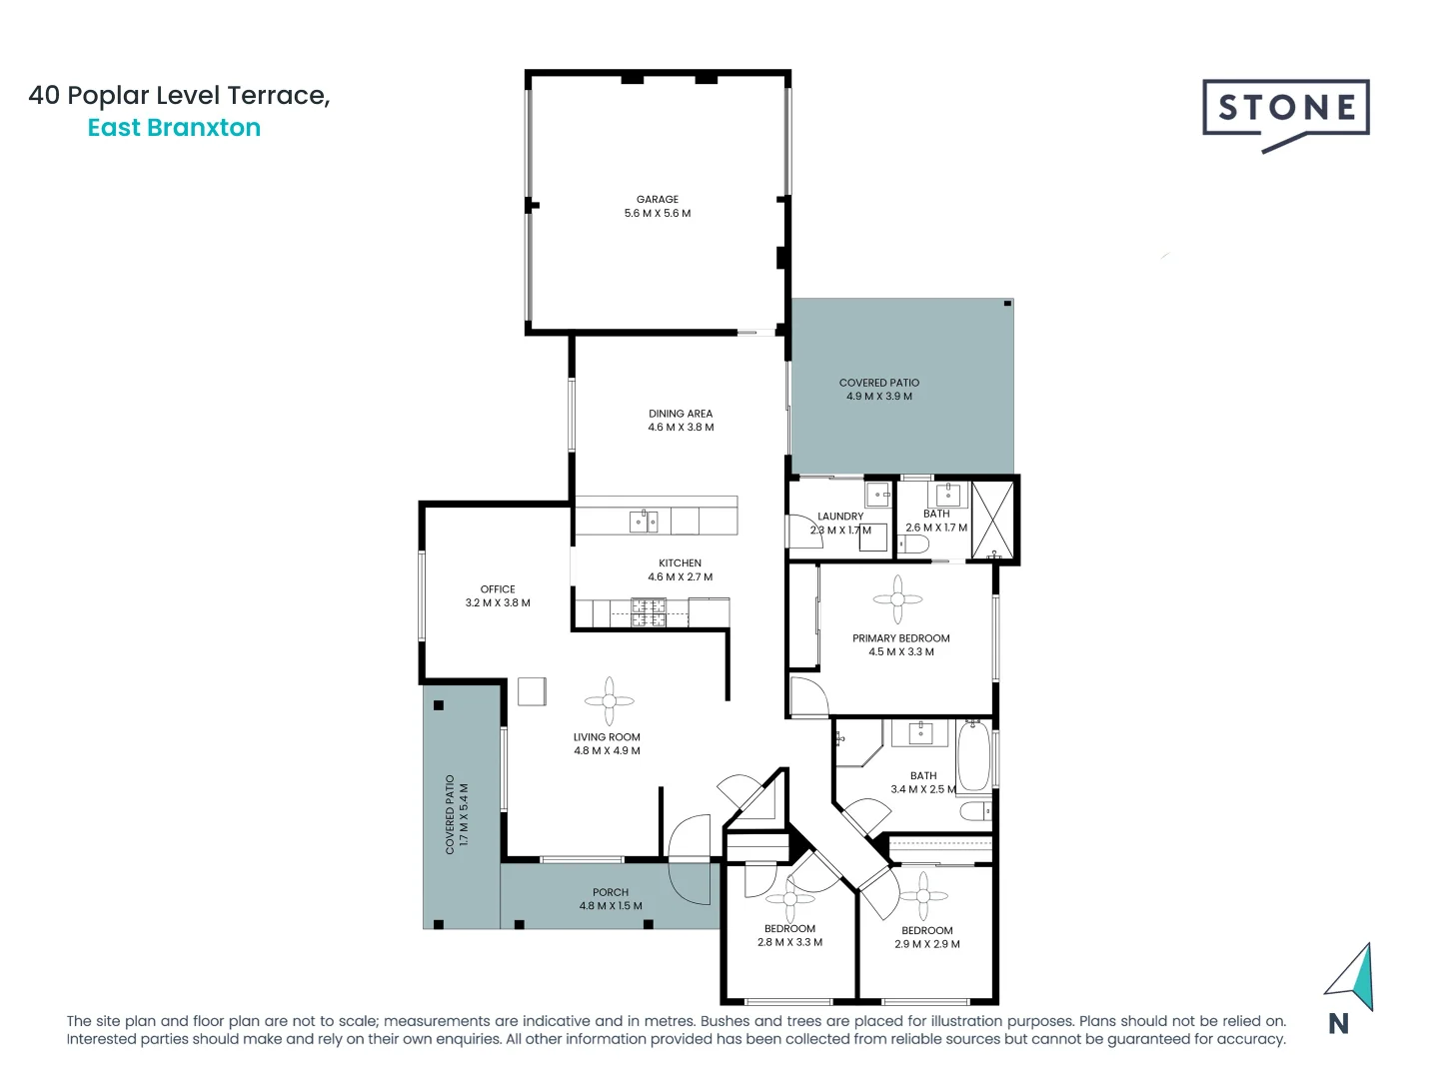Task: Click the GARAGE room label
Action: click(658, 199)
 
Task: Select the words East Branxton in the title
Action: click(174, 128)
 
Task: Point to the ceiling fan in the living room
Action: click(609, 701)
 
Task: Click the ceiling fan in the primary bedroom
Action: click(897, 599)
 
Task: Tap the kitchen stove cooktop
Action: click(649, 612)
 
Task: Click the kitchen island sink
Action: click(644, 521)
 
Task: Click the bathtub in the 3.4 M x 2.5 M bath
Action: click(973, 755)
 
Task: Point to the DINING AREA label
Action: click(681, 413)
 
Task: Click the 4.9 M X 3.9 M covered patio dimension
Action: click(879, 397)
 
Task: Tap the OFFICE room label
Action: click(498, 588)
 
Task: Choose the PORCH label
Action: click(611, 892)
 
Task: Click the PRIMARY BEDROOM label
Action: click(901, 637)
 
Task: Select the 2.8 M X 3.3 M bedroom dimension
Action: click(789, 942)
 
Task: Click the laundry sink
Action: click(877, 493)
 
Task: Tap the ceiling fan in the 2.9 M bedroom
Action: click(923, 895)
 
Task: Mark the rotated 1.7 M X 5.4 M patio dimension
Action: click(464, 814)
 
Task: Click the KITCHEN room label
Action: click(680, 562)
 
